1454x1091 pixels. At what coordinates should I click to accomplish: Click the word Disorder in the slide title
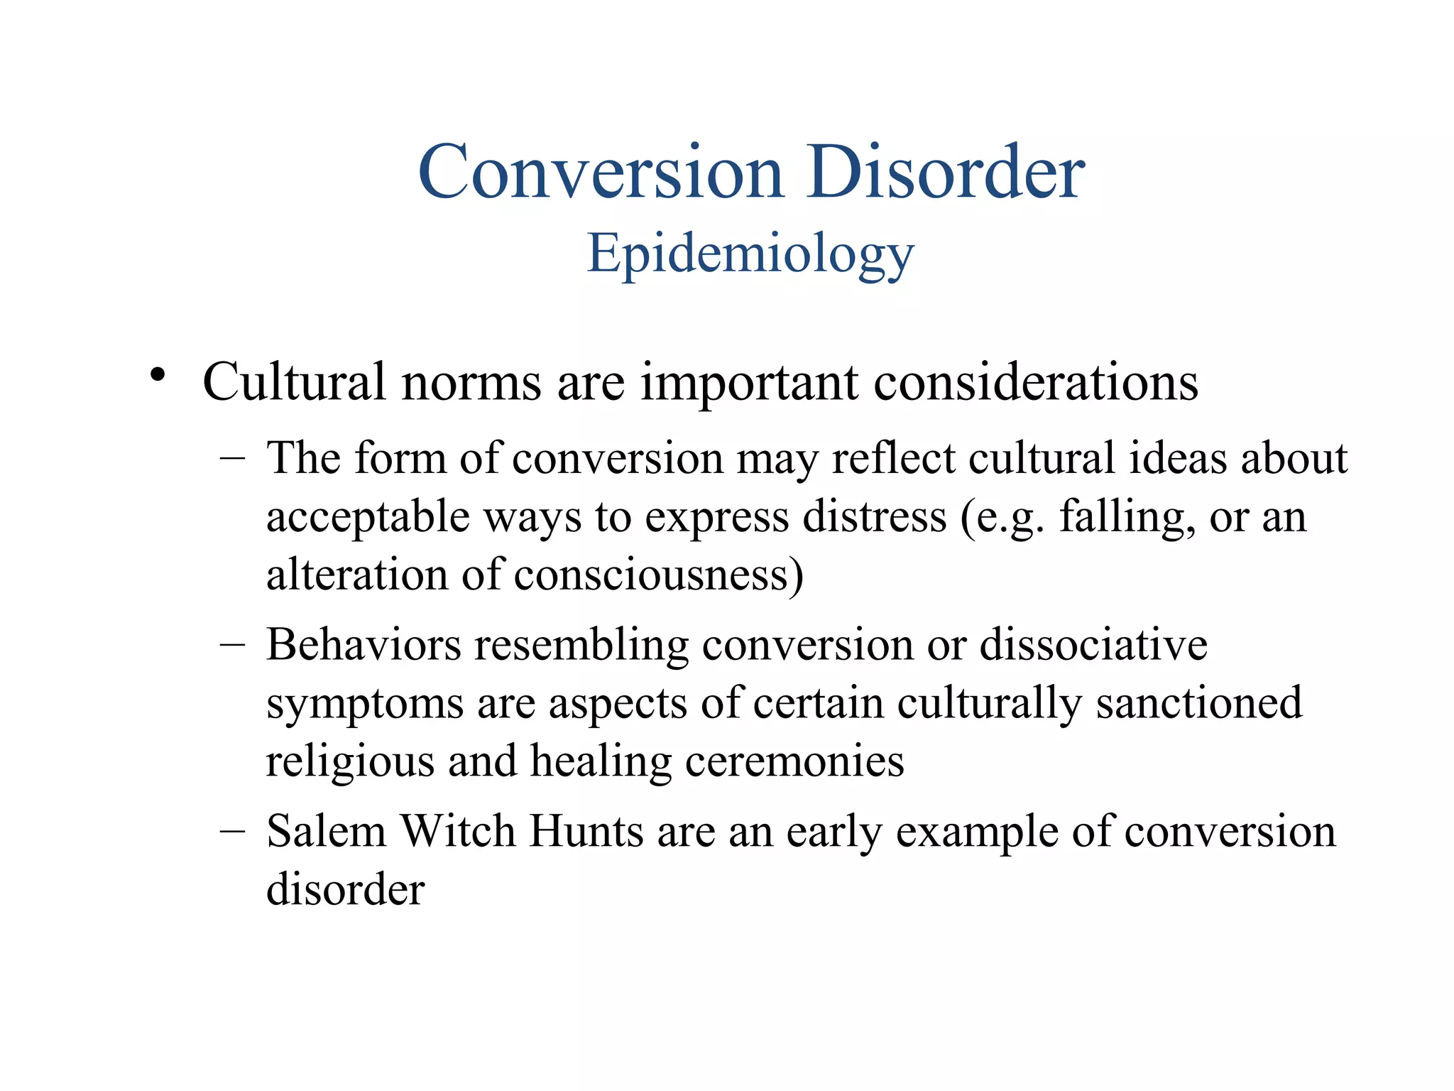tap(945, 172)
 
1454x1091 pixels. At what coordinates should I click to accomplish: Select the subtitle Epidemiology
tap(750, 254)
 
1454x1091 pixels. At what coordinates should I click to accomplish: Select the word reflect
tap(893, 458)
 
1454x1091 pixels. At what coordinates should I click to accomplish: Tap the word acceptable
tap(368, 517)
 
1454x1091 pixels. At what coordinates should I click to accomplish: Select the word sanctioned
tap(1199, 703)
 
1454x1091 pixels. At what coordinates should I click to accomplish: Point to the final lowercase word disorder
tap(345, 889)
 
